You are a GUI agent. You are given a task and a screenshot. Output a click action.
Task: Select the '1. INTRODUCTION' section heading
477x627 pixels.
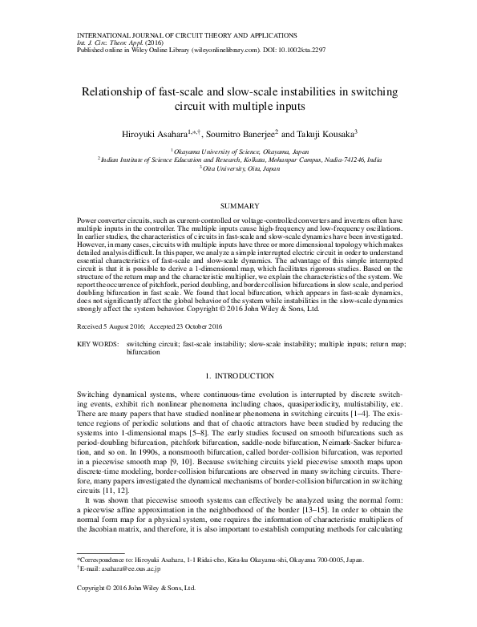[238, 375]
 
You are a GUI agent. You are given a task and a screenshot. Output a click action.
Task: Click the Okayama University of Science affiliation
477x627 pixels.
[239, 150]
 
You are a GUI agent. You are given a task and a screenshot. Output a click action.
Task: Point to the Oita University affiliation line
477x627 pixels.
[239, 168]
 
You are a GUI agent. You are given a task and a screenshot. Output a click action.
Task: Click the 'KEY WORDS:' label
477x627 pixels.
[97, 343]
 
